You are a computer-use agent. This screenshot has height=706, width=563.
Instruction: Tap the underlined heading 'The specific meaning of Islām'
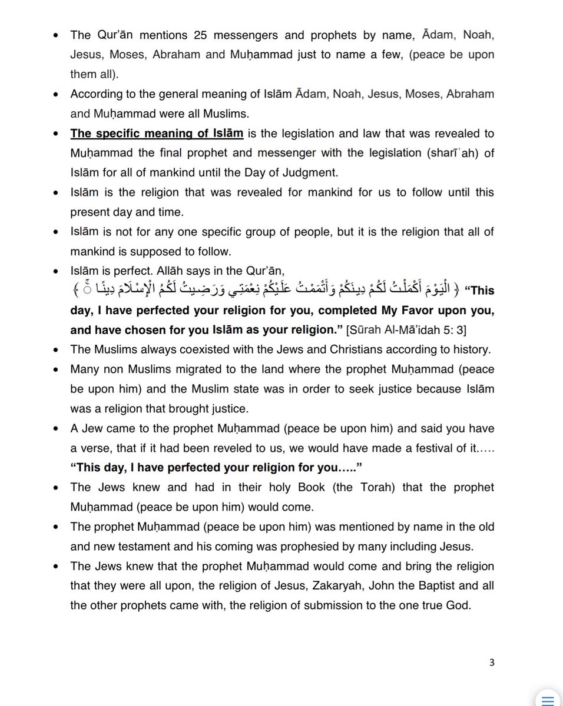(x=157, y=133)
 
